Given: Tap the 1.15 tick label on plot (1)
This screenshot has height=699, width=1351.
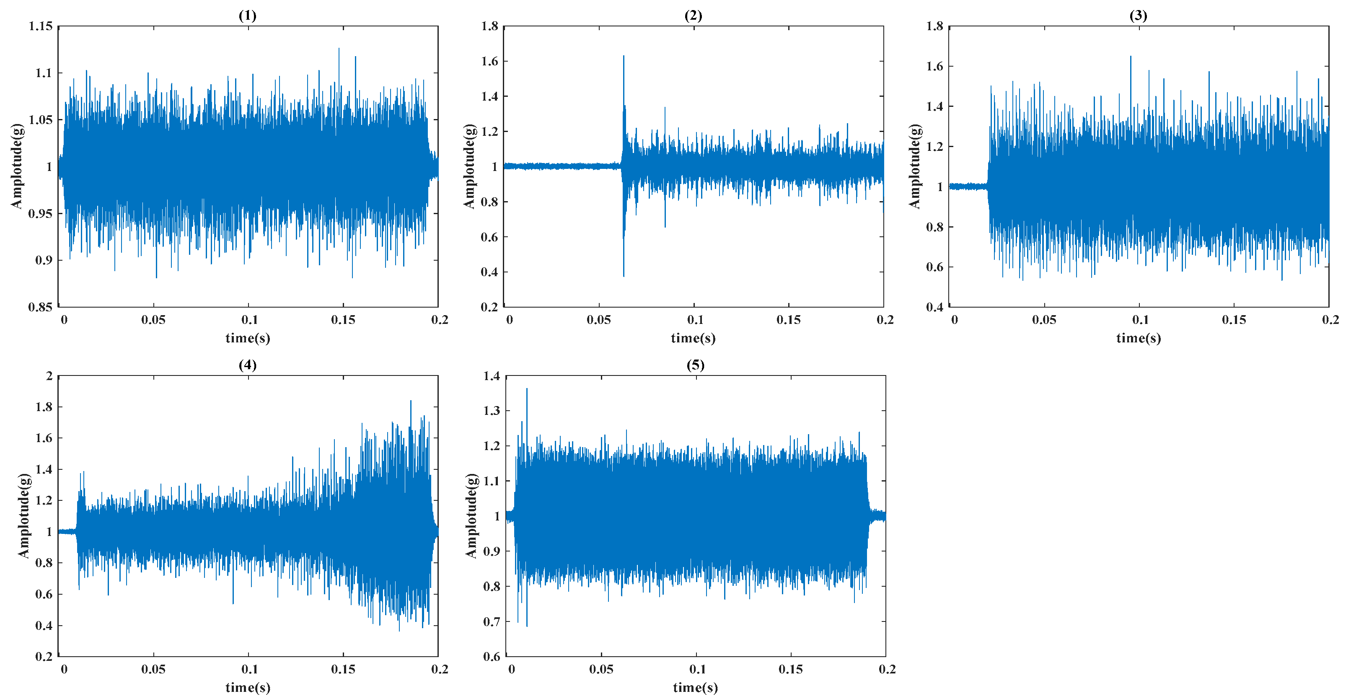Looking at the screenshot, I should click(41, 26).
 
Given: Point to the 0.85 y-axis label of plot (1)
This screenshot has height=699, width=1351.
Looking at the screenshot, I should click(41, 307).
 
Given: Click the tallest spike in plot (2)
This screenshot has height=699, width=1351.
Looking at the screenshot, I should click(624, 57).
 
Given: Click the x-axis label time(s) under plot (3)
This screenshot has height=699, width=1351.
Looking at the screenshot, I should click(1139, 338).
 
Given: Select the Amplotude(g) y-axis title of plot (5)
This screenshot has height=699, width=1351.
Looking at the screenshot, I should click(471, 515).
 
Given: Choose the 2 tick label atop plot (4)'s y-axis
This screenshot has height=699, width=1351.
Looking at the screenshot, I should click(49, 376).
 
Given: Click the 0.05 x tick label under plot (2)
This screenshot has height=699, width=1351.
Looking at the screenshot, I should click(599, 319).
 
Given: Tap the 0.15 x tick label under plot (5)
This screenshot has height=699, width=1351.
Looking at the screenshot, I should click(790, 669).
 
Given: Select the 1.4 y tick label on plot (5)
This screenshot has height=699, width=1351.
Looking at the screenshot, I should click(492, 376).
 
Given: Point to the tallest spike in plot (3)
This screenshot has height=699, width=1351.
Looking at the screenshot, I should click(1130, 57).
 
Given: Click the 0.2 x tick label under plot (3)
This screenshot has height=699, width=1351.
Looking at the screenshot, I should click(1330, 319).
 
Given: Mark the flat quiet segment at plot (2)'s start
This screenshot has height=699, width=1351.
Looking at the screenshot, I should click(561, 166).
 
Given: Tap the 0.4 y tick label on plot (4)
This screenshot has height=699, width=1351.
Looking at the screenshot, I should click(44, 626).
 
